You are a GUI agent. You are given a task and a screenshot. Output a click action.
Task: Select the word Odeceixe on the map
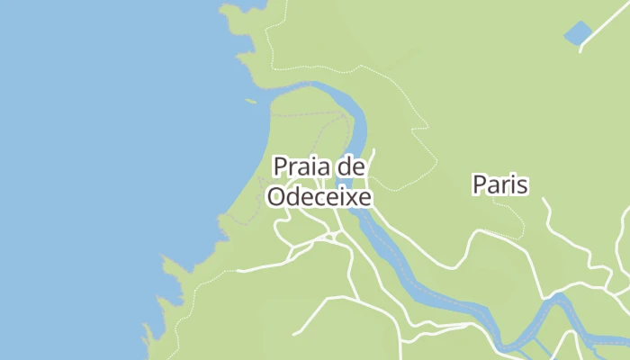[319, 195]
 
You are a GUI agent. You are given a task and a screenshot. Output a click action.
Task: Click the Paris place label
[499, 184]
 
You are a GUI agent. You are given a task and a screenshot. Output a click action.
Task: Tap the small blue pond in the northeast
[577, 34]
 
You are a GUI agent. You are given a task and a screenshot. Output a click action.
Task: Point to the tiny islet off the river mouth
[251, 101]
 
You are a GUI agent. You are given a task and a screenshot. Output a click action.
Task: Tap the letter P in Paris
[479, 184]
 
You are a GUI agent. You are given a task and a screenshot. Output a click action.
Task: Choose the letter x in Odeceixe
[349, 195]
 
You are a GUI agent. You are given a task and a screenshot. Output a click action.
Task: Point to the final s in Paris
[522, 185]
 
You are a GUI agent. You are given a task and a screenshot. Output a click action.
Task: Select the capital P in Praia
[279, 166]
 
